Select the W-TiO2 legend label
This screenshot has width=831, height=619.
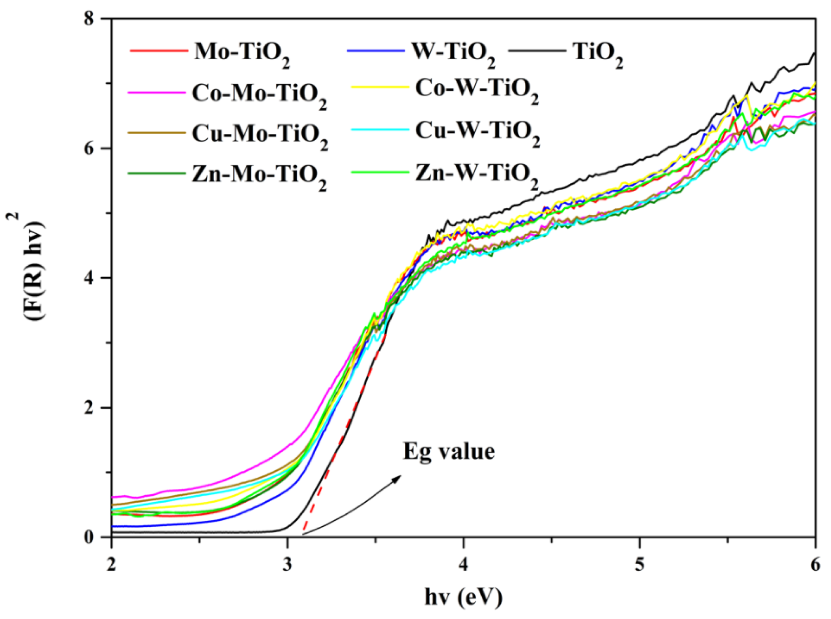tap(453, 52)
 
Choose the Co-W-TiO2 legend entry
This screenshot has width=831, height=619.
tap(477, 90)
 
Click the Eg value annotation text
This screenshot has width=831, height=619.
tap(449, 452)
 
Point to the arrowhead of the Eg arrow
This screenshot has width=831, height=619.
tap(398, 477)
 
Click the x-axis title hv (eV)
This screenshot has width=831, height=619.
tap(463, 597)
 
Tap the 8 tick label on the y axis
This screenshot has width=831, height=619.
tap(88, 19)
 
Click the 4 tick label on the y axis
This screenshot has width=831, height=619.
tap(88, 278)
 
